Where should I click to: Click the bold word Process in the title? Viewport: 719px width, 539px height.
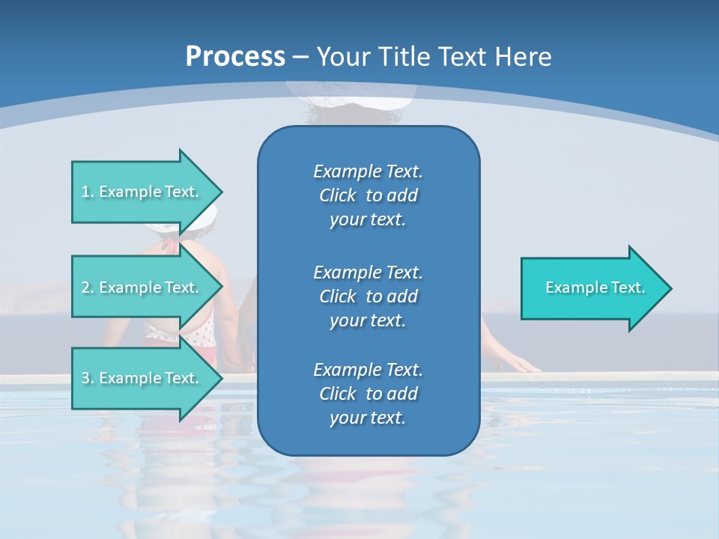(x=235, y=57)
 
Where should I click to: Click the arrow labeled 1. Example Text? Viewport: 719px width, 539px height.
(x=142, y=192)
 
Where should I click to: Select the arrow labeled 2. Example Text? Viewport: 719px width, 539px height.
(x=142, y=287)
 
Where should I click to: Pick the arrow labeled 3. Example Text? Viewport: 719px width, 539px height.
(x=142, y=378)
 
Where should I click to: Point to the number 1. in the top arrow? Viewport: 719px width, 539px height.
(x=88, y=192)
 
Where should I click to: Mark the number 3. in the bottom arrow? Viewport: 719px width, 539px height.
(x=88, y=379)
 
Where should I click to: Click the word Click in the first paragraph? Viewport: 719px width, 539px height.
(x=337, y=195)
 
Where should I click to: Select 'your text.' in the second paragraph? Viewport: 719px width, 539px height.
(x=368, y=320)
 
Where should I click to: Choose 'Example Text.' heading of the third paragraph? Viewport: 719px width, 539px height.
(x=368, y=370)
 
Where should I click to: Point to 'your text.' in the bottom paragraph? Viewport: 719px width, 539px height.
(x=368, y=418)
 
